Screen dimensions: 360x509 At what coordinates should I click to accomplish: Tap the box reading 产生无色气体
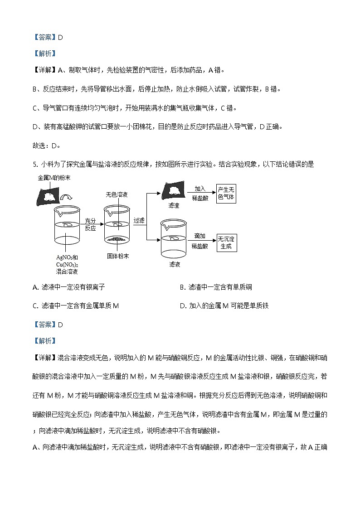coord(226,193)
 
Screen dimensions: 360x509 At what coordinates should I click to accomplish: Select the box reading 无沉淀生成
coord(226,242)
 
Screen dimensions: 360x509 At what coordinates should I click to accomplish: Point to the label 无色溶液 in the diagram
coord(116,195)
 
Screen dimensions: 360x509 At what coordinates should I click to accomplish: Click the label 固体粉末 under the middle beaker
coord(118,256)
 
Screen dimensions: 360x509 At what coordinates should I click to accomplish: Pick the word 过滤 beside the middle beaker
coord(139,221)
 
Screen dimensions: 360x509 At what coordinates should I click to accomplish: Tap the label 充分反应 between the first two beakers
coord(91,224)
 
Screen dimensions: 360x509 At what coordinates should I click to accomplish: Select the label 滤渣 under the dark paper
coord(174,205)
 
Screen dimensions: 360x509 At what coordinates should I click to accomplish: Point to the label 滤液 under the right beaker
coord(175,264)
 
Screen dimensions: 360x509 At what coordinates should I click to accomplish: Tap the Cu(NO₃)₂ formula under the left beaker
coord(67,264)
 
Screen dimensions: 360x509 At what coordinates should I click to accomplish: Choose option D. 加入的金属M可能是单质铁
coord(224,305)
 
